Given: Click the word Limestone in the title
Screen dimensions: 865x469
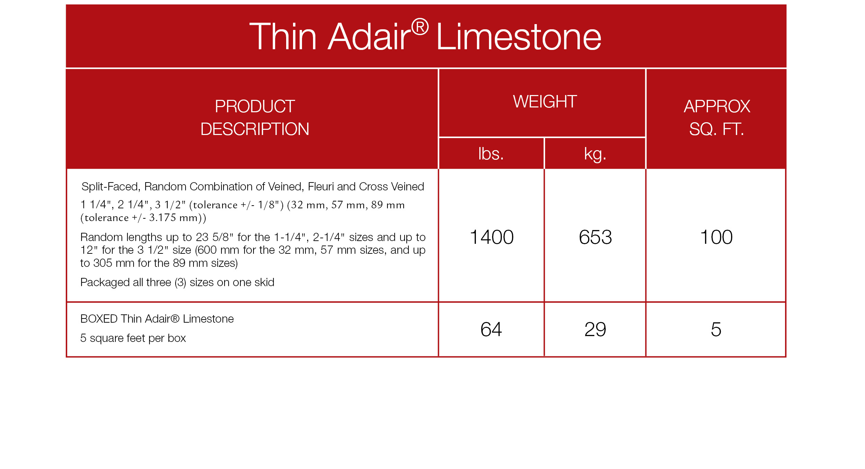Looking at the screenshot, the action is coord(519,36).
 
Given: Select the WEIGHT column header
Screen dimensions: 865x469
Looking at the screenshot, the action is coord(545,102).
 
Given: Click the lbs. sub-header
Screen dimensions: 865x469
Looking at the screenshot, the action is coord(491,154).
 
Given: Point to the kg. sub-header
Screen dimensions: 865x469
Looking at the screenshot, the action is coord(595,154).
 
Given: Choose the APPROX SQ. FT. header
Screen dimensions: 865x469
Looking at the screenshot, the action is coord(717,118).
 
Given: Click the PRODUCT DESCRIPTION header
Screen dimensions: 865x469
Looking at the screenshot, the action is coord(255,118).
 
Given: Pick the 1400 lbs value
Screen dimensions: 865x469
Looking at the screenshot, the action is coord(492,237).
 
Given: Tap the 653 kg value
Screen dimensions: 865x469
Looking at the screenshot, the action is coord(595,237).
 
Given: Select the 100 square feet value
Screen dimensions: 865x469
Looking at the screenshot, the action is coord(716,237).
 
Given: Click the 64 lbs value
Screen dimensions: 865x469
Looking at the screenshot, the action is coord(491,330).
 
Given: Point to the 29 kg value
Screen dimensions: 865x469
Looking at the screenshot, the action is coord(595,330).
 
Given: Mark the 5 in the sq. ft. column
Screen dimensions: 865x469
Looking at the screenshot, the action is coord(716,330).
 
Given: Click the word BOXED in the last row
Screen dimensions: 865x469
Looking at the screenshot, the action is coord(99,319).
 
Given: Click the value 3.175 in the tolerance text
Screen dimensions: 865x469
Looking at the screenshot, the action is coord(163,218).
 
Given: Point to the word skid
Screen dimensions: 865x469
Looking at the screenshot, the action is coord(264,282).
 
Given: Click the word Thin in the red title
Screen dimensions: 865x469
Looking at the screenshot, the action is coord(283,36).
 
